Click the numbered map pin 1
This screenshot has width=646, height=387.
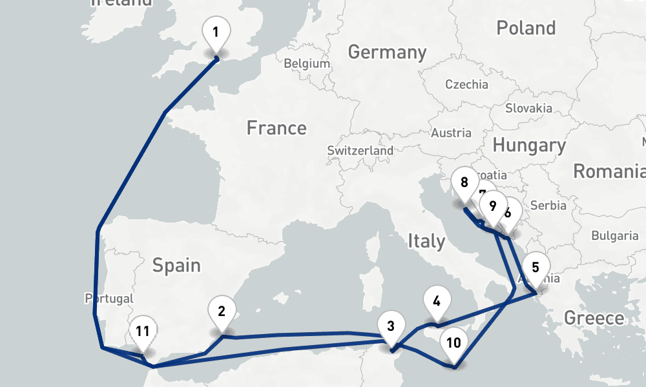(x=216, y=32)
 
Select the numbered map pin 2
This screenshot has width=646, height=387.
(x=222, y=312)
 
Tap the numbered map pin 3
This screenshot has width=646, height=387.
(x=390, y=326)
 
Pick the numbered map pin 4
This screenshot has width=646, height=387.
(x=437, y=302)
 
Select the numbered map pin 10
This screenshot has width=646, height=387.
(x=454, y=342)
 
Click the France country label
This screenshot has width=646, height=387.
(x=276, y=128)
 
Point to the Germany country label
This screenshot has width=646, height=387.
(x=387, y=52)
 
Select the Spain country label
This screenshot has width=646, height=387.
(x=176, y=265)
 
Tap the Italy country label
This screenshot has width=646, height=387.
(x=426, y=241)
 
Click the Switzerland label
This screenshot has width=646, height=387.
(x=360, y=150)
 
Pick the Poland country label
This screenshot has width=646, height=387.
(x=525, y=28)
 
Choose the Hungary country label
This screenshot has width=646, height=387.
(x=528, y=145)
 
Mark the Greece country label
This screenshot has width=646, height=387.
(x=594, y=317)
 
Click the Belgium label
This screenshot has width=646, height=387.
(x=307, y=64)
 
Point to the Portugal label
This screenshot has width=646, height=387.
(x=109, y=299)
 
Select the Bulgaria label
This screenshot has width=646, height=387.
(x=614, y=235)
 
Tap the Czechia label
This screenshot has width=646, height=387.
(x=466, y=84)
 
